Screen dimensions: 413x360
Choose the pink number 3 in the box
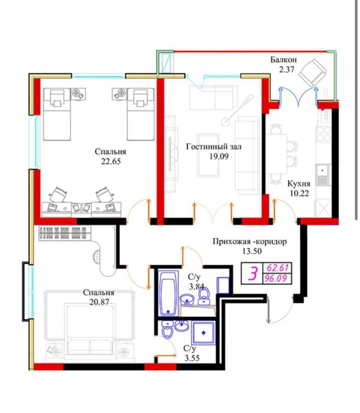click(253, 274)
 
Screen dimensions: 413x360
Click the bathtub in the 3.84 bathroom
click(168, 292)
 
